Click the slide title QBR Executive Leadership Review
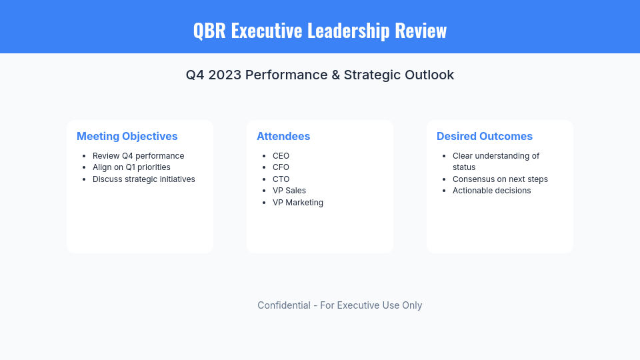coord(320,31)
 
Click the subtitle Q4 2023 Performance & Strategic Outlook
coord(320,75)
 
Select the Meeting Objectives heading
coord(127,136)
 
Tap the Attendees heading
coord(283,136)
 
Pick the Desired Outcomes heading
coord(485,136)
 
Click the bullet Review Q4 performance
coord(138,156)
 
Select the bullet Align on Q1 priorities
coord(131,167)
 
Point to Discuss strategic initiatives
coord(144,179)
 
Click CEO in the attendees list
coord(281,156)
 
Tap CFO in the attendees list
coord(281,167)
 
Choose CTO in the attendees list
coord(281,179)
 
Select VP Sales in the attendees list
coord(289,191)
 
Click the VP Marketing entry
coord(298,202)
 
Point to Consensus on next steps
coord(500,179)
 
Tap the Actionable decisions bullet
coord(492,191)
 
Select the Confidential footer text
coord(340,305)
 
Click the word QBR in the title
coord(209,31)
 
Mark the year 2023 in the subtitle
coord(225,75)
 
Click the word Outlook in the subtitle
coord(429,75)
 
